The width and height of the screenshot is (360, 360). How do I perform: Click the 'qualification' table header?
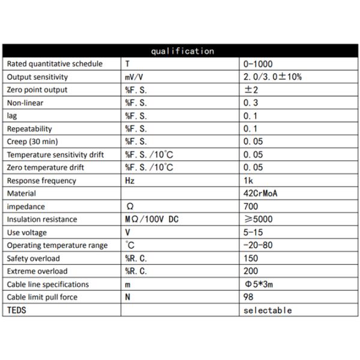[182, 51]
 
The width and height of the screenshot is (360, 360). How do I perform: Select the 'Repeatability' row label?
[29, 128]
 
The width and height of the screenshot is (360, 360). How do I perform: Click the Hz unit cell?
[130, 181]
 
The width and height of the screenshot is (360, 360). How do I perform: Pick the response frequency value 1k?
[249, 181]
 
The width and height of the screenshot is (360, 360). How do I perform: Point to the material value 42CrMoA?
[261, 193]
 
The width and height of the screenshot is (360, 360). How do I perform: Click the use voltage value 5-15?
[254, 232]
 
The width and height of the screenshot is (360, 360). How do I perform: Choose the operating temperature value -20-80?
[259, 245]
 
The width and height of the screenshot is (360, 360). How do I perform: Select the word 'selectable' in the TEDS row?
[268, 310]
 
